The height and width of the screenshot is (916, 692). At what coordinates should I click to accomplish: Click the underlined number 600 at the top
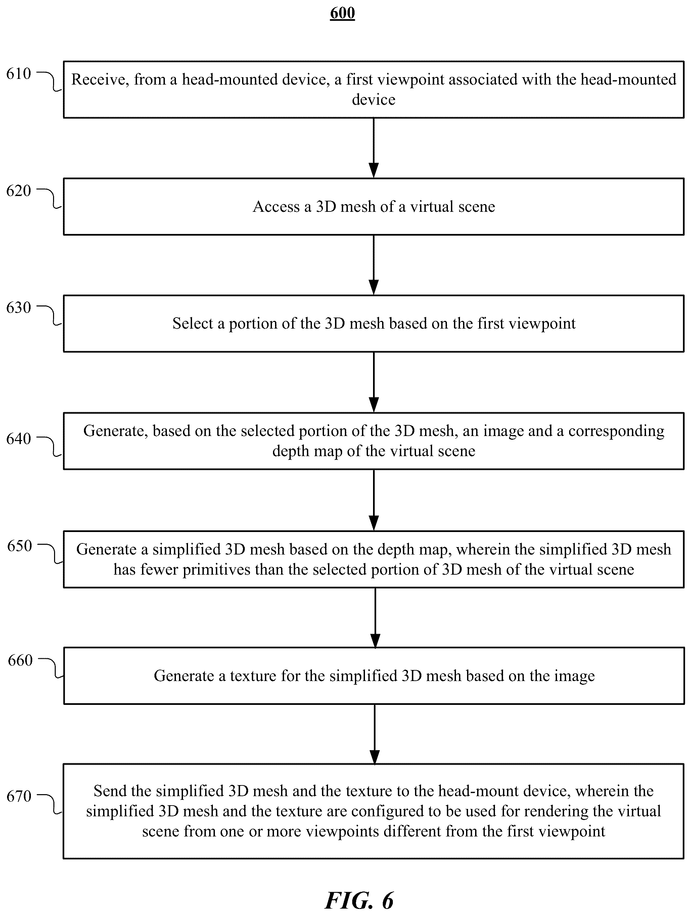click(342, 13)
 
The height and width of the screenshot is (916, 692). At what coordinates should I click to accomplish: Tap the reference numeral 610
click(19, 74)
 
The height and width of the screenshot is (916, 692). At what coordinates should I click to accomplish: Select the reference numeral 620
click(19, 191)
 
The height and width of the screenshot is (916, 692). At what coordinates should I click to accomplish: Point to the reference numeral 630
click(19, 308)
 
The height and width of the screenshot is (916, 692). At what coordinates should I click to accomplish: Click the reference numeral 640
click(19, 439)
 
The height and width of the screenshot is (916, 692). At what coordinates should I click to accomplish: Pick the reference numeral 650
click(19, 546)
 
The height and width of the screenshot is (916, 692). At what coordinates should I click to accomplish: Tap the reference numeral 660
click(20, 660)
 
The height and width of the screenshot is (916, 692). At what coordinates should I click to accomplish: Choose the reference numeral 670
click(19, 796)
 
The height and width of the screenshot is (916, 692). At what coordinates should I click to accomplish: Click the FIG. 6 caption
click(359, 900)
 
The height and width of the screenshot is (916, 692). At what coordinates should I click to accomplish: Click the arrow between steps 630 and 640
click(374, 382)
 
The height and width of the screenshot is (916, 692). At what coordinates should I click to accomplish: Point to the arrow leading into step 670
click(374, 734)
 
